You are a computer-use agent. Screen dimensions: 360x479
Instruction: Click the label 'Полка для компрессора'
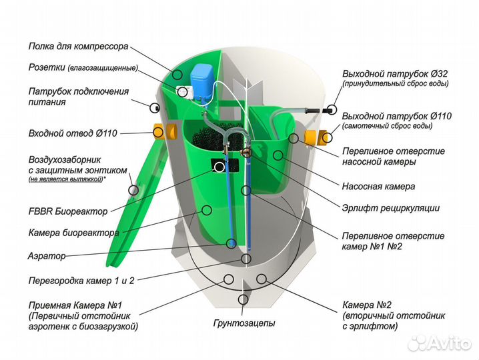coord(78,47)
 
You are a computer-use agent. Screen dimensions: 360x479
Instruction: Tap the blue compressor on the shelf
coord(200,80)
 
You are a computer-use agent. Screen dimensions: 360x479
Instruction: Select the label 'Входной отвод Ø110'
coord(73,133)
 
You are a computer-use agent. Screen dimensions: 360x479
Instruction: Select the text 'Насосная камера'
coord(378,187)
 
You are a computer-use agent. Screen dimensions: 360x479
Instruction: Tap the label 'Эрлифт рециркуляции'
coord(390,208)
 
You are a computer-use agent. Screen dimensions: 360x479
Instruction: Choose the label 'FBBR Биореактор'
coord(67,211)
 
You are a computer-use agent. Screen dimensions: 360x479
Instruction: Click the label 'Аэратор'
coord(47,256)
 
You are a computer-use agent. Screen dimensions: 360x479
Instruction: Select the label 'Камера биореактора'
coord(73,233)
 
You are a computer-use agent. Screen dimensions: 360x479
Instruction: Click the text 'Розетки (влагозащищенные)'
coord(83,68)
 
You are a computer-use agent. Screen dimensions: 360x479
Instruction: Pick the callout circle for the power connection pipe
coord(155,107)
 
